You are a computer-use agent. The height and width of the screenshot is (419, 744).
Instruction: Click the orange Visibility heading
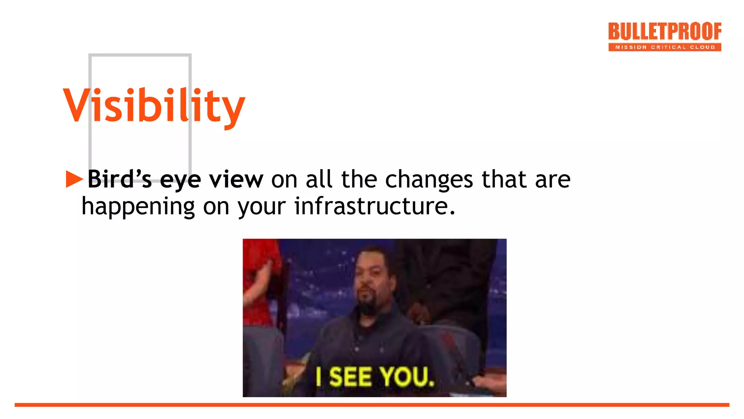(154, 106)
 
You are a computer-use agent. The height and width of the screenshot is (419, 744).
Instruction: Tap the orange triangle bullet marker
(74, 179)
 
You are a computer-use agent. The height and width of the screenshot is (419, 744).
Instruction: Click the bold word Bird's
(120, 179)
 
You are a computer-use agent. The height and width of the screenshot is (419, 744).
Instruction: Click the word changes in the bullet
(429, 180)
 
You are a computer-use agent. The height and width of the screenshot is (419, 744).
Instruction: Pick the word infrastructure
(374, 206)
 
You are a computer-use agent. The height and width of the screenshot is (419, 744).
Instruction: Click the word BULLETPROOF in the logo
(664, 32)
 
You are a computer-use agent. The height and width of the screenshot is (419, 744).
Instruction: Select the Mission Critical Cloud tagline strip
(664, 47)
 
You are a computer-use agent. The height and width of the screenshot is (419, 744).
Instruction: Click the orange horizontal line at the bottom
(372, 405)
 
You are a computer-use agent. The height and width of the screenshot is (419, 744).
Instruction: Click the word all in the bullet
(319, 179)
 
